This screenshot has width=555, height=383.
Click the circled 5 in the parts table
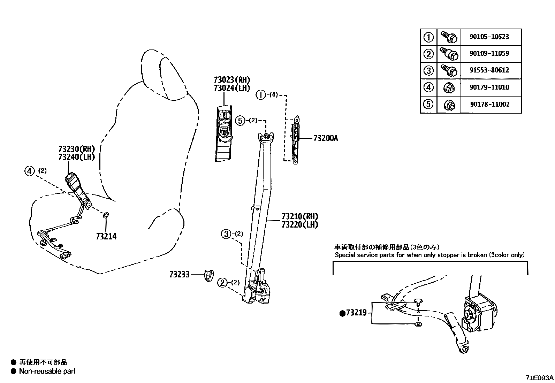428,104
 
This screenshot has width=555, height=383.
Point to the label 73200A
326,138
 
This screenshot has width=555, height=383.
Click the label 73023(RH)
232,80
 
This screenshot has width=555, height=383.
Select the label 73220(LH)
300,225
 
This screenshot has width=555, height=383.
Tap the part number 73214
106,237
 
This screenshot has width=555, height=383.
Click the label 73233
179,275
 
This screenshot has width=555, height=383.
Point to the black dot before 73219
342,313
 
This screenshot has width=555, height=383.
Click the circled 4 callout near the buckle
30,171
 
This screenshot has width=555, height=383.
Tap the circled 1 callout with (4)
261,94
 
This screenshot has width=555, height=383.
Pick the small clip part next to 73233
209,275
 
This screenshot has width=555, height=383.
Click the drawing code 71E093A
539,378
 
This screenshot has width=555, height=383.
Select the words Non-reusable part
47,371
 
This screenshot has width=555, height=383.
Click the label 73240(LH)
76,157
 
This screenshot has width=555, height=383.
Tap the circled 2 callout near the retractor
222,283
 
